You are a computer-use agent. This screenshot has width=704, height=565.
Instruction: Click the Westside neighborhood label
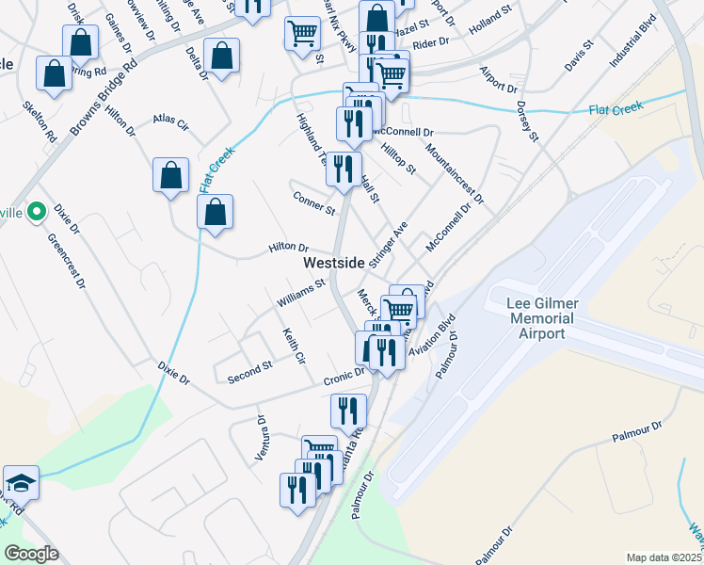332,265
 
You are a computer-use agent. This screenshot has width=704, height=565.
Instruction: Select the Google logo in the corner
31,554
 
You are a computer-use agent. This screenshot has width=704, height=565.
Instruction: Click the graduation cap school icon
21,482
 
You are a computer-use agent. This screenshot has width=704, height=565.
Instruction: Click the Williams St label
300,292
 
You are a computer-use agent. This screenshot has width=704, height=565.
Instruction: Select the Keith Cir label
294,346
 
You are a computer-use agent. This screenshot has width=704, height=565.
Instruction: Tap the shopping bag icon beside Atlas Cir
170,175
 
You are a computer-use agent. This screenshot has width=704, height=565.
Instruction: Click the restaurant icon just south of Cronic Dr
348,411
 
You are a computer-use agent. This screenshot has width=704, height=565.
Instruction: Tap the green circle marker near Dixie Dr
36,213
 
